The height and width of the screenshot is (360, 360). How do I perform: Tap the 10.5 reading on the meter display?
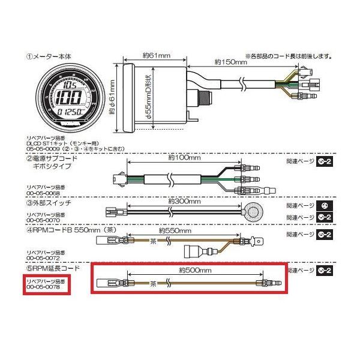pos(74,85)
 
